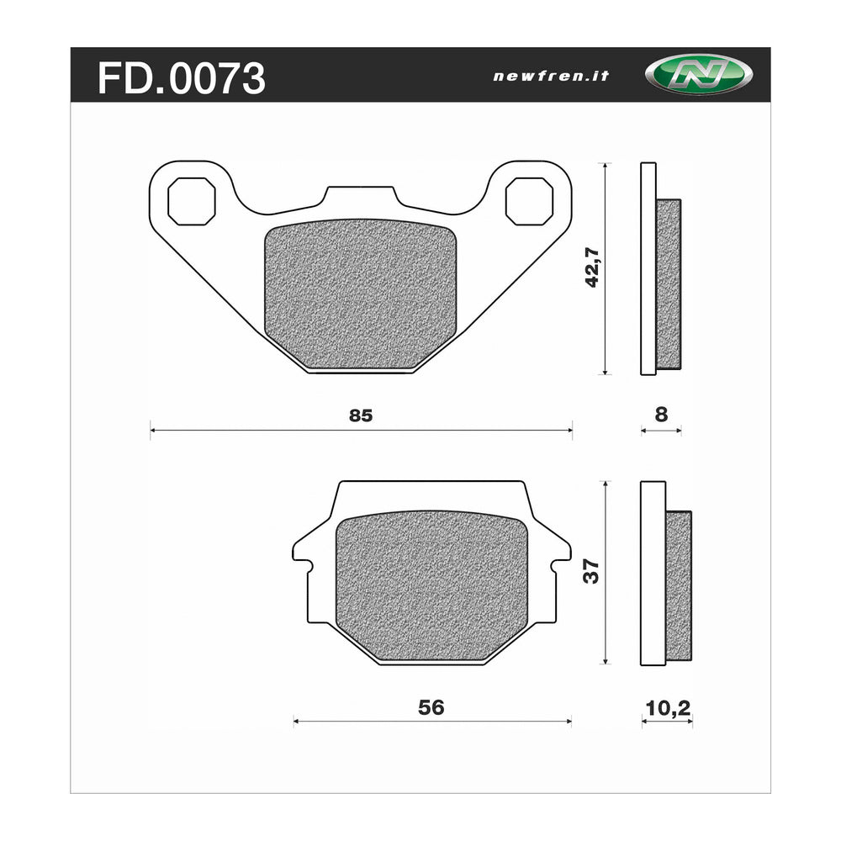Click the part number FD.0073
[x=182, y=78]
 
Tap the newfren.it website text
[x=551, y=76]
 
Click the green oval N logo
[x=687, y=75]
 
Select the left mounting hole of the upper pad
[x=192, y=201]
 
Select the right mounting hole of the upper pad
[x=529, y=201]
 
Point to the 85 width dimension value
[x=360, y=415]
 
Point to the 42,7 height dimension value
[x=593, y=268]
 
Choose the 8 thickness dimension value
[x=661, y=414]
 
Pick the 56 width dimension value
[x=431, y=707]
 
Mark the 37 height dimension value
[x=592, y=572]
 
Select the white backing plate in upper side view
[x=648, y=268]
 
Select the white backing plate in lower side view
[x=653, y=572]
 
